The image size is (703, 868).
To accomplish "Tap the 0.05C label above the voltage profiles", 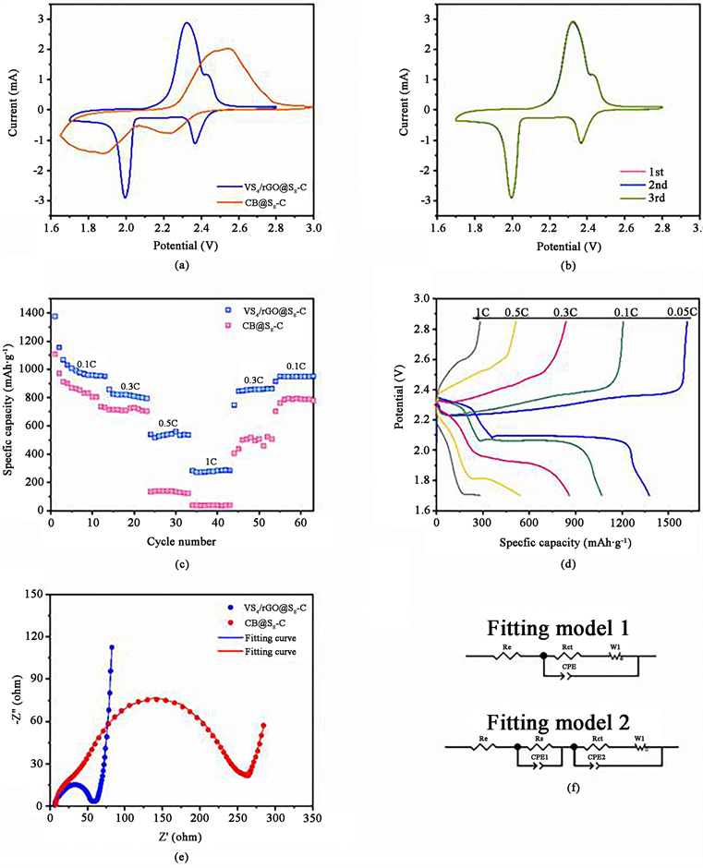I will click(681, 312).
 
